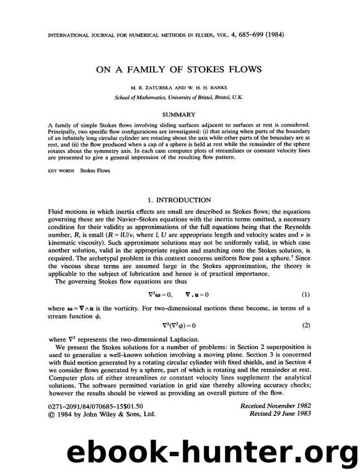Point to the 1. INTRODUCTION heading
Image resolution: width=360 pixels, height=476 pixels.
(x=180, y=200)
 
